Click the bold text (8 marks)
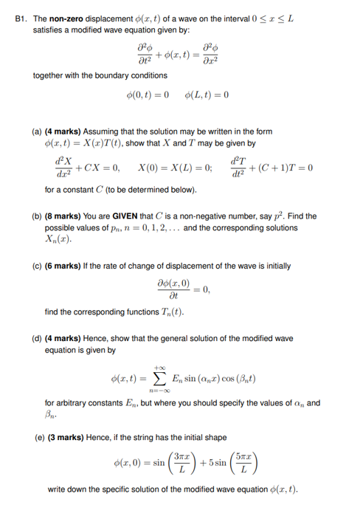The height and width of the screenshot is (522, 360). click(x=67, y=216)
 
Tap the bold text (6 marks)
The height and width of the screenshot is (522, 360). click(x=67, y=266)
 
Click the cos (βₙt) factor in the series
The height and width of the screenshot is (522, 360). click(x=237, y=382)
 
